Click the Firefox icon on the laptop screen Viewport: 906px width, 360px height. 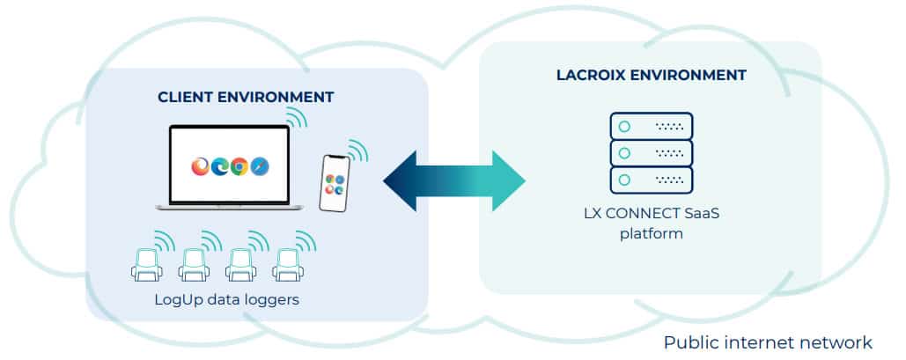[x=202, y=165]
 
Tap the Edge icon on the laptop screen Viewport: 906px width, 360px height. [x=220, y=165]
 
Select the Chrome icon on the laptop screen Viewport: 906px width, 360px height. [x=239, y=165]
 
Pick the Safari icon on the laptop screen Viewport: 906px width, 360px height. [x=259, y=165]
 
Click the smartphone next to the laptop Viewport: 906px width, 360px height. [x=333, y=183]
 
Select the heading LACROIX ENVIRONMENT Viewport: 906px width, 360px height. [x=651, y=76]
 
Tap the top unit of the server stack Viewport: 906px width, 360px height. [x=651, y=127]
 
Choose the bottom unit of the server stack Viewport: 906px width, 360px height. [x=651, y=180]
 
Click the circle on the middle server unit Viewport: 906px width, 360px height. [x=624, y=153]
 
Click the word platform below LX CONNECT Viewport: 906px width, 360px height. [x=652, y=234]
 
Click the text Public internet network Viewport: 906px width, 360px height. [x=768, y=342]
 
